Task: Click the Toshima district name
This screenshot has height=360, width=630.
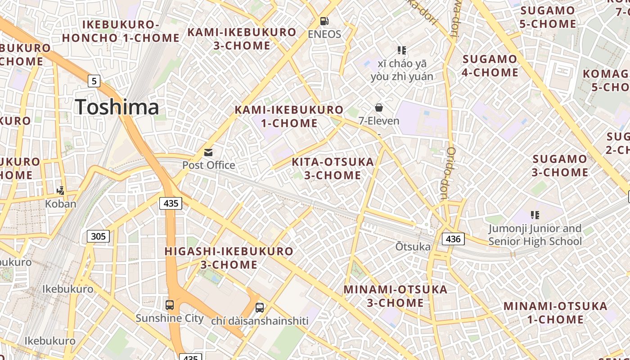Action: [117, 107]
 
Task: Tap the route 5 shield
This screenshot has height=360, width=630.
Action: [94, 81]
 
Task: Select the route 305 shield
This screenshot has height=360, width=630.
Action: [98, 236]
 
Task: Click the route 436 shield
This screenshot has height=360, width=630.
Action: [453, 239]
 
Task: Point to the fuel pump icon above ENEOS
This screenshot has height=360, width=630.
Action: [324, 21]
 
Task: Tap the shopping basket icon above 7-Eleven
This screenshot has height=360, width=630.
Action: [379, 108]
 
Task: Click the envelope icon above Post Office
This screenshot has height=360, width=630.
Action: [208, 153]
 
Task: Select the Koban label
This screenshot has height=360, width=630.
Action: [61, 204]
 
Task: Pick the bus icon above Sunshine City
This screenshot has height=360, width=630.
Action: [170, 305]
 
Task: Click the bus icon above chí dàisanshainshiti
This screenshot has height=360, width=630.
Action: [260, 308]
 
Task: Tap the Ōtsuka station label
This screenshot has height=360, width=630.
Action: [413, 247]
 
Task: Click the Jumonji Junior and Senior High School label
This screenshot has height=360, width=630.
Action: [535, 235]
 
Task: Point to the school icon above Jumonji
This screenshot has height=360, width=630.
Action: [535, 215]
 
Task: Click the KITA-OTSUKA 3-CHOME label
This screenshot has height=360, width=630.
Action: [333, 168]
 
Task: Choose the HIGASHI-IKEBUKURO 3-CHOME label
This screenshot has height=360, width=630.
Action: [229, 258]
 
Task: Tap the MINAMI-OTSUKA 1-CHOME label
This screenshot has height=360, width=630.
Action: [555, 313]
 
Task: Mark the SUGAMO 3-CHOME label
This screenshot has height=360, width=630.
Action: [560, 166]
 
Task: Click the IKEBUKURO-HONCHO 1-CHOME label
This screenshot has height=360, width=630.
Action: [121, 31]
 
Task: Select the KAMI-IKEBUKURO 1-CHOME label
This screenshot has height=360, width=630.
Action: [289, 116]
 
